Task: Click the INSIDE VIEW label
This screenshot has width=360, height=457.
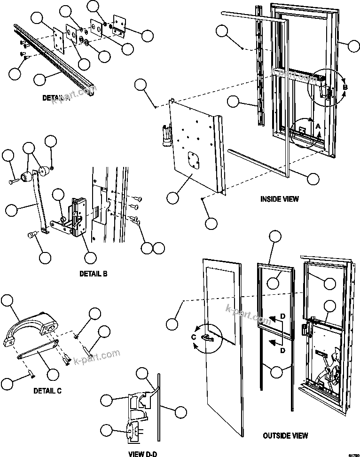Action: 279,199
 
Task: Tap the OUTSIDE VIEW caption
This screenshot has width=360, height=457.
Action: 285,435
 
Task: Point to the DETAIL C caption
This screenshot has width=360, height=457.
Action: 47,390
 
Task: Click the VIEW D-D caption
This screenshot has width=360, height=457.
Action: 142,454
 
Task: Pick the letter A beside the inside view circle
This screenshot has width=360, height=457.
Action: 318,126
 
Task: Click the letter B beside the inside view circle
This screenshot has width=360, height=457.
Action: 344,87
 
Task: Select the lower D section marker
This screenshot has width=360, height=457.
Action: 282,350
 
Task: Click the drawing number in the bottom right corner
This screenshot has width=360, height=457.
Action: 353,454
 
